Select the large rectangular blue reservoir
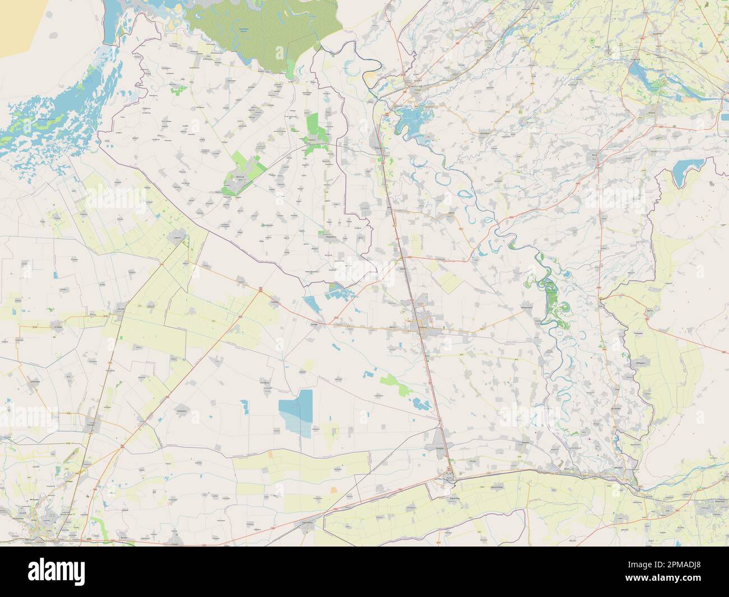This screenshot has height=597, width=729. [297, 412]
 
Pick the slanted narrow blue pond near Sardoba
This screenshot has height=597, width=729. [311, 306]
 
